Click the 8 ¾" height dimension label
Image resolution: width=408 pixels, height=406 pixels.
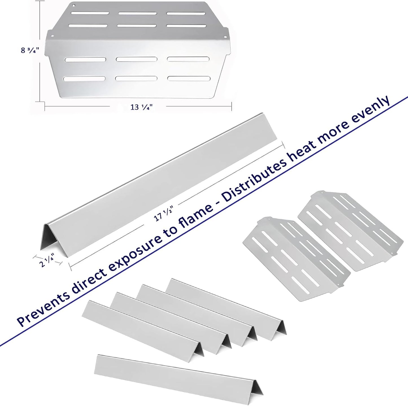point(30,51)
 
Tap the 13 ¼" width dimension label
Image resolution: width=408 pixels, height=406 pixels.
point(141,107)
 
